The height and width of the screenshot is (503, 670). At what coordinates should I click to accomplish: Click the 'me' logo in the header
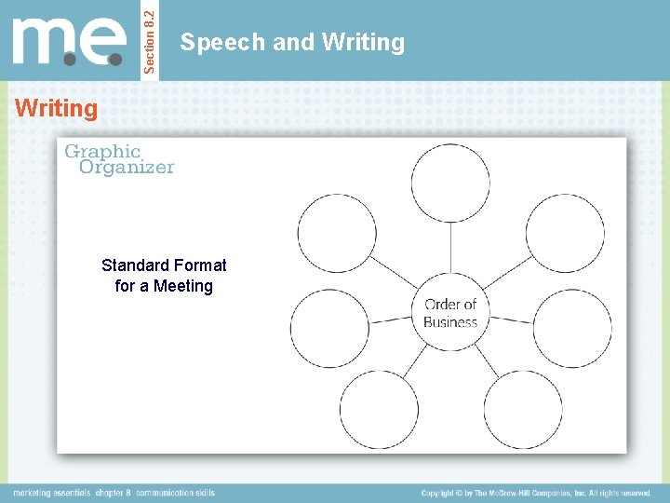71,41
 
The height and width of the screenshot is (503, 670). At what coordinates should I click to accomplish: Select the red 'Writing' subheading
57,109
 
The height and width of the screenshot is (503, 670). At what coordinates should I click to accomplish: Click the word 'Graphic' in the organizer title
102,151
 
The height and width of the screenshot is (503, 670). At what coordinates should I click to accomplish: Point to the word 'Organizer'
127,168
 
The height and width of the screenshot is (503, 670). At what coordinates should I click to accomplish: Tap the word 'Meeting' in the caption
183,286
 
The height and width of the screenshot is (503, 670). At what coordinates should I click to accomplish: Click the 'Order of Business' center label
450,313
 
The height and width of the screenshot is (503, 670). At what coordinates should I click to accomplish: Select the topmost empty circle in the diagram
450,184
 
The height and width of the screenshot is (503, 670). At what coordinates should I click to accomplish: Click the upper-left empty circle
336,233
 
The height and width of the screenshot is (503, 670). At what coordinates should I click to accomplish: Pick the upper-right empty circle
565,233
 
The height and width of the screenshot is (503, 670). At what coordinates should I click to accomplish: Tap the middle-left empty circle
329,328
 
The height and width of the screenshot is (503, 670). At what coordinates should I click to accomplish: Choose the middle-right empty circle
572,328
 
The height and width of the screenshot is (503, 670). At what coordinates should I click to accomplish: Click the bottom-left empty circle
379,409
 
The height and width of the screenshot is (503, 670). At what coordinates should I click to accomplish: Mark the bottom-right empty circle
523,409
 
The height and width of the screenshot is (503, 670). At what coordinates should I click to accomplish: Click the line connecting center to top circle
450,249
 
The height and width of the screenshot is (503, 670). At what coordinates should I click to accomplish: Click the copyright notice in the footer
535,493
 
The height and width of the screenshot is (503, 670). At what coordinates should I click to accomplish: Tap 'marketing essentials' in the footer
50,493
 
